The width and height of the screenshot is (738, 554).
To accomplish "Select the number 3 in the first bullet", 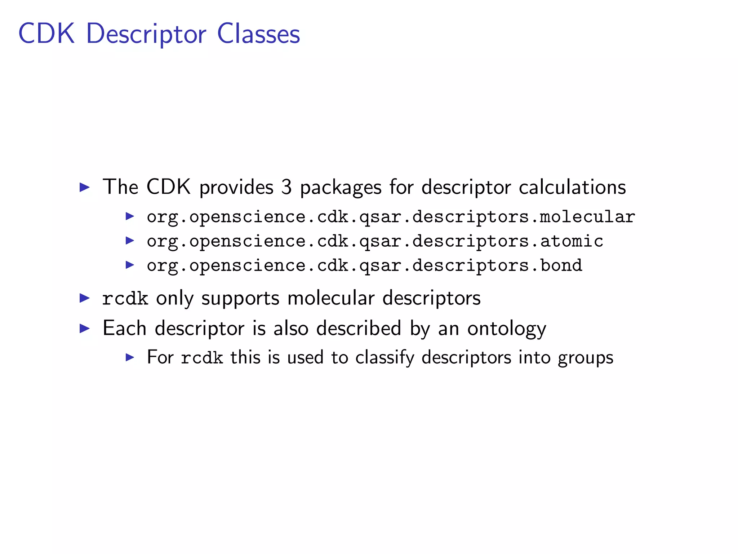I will tap(286, 187).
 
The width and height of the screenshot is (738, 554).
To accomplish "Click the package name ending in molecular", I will tap(391, 217).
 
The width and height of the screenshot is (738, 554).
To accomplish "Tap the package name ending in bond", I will tap(364, 266).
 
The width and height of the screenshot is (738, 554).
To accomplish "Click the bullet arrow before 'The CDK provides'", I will tap(84, 187).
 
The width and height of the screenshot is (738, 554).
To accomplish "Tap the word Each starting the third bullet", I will tap(124, 328).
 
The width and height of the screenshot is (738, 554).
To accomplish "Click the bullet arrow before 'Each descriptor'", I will tap(84, 328).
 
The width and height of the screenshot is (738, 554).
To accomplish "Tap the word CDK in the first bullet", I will tap(168, 187).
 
